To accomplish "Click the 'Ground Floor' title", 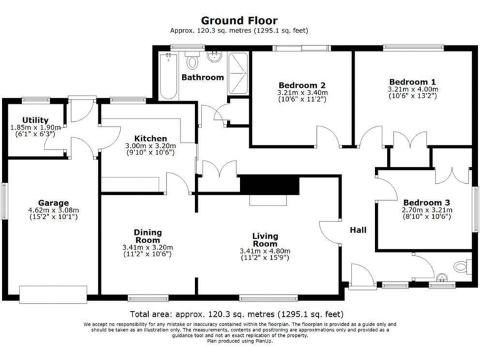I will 239,21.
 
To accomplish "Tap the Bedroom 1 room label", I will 412,82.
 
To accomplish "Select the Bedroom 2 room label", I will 302,85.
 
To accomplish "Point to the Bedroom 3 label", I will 426,202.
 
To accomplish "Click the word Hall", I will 358,230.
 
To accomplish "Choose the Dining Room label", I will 147,236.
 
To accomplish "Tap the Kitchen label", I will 150,138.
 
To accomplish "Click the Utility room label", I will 34,120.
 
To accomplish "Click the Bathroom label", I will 202,77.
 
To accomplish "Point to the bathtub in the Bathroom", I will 168,76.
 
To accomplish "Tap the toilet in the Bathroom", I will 192,61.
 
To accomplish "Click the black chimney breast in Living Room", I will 270,185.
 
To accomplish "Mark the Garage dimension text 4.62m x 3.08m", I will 52,211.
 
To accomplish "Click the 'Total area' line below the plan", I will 237,314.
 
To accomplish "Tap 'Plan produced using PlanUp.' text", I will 239,341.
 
